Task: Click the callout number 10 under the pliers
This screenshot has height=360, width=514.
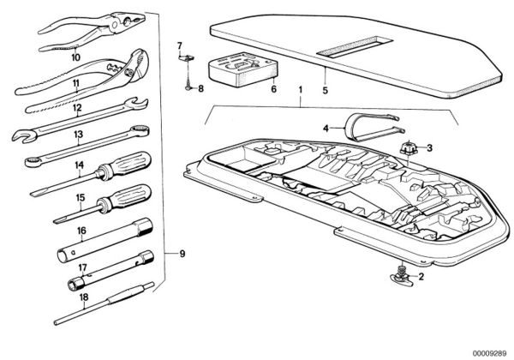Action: click(75, 57)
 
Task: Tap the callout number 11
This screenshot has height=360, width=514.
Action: click(75, 83)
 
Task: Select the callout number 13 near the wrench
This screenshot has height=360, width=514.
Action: click(78, 135)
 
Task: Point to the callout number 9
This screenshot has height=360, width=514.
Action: click(180, 253)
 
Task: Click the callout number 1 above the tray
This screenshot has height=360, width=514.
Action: click(300, 89)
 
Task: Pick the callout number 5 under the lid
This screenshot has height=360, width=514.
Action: click(325, 88)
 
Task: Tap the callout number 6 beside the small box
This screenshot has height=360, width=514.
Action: click(274, 89)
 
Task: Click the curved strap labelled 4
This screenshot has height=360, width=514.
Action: click(364, 126)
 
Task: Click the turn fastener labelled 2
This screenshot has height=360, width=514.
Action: click(400, 277)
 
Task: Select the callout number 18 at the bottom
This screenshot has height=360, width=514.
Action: click(83, 298)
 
